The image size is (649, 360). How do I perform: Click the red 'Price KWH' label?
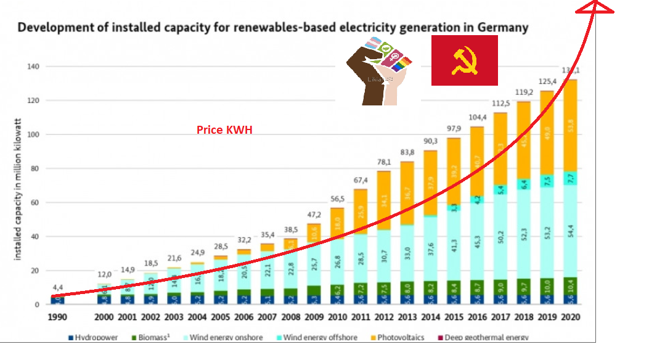click(224, 130)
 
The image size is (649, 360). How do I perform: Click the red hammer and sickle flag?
click(464, 60)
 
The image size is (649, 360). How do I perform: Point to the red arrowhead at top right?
click(594, 8)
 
